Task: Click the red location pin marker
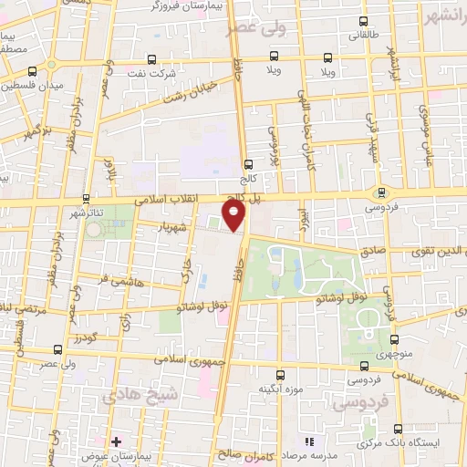235,216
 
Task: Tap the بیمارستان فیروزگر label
185,6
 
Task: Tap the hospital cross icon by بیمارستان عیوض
116,441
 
